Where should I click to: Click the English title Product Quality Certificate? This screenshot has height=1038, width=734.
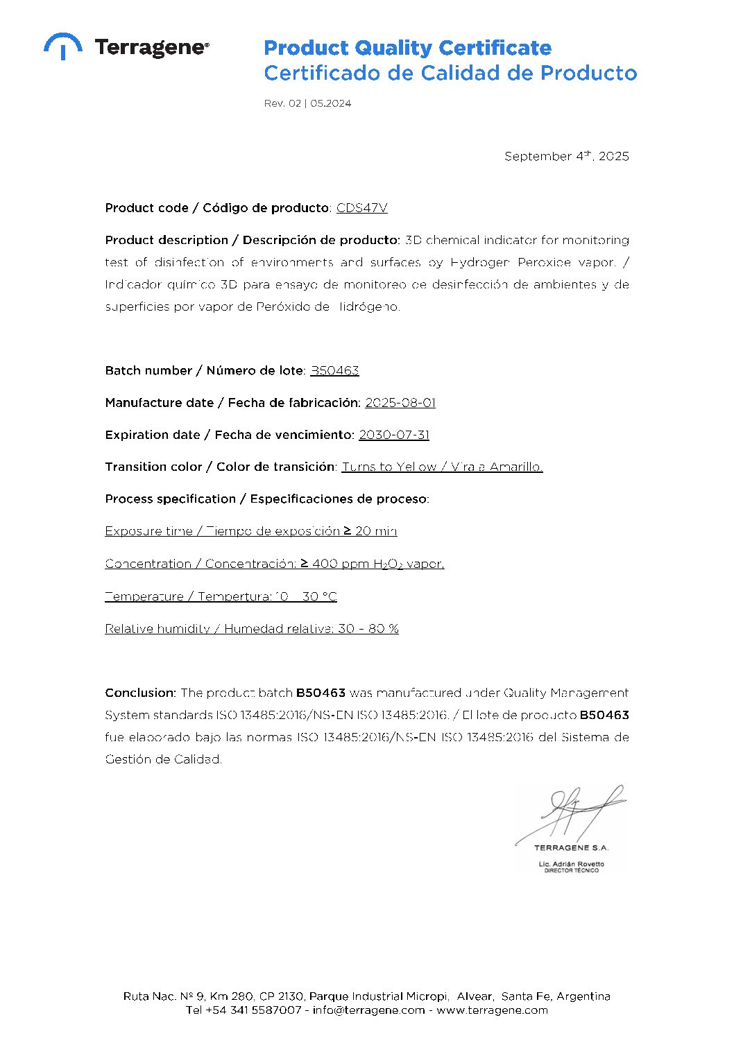(x=407, y=48)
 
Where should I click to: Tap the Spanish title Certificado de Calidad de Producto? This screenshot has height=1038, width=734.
(x=450, y=73)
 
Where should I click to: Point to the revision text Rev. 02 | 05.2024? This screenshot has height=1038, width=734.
(x=307, y=103)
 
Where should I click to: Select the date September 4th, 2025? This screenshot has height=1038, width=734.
(x=566, y=156)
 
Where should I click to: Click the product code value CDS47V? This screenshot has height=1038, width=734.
(x=361, y=208)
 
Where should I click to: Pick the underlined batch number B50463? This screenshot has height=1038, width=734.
(x=334, y=370)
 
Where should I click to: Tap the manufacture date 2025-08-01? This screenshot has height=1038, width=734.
(x=400, y=403)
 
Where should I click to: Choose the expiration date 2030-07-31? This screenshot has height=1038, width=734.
(x=393, y=435)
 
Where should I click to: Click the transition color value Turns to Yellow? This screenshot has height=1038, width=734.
(x=389, y=467)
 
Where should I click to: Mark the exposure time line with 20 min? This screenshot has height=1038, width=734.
(x=250, y=531)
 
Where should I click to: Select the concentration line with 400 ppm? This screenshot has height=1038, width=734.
(x=274, y=564)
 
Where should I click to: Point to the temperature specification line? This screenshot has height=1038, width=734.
(x=221, y=596)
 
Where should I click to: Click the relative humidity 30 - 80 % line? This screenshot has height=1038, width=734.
(x=251, y=629)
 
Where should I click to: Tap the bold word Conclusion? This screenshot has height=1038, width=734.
(x=140, y=693)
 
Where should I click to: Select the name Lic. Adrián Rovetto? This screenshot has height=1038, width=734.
(x=571, y=864)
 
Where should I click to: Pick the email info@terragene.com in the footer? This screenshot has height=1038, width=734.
(x=368, y=1010)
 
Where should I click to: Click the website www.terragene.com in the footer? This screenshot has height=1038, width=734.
(x=492, y=1010)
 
